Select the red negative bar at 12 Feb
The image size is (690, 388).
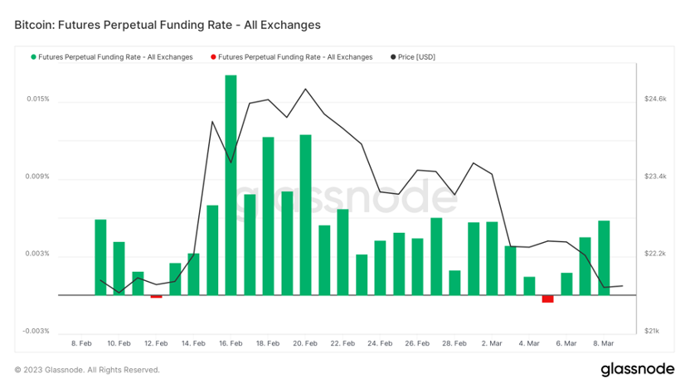point(156,296)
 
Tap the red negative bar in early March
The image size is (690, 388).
point(547,298)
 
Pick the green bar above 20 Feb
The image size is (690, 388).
point(305,215)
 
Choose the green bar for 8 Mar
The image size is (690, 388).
point(604,257)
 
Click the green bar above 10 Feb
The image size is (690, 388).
point(119,268)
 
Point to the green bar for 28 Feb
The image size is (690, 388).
point(454,282)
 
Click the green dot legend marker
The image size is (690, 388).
point(34,57)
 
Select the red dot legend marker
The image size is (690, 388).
point(214,57)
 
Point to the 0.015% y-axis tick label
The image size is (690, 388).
point(37,99)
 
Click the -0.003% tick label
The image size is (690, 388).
point(36,331)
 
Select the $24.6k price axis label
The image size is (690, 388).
point(655,99)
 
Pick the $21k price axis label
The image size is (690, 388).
point(652,331)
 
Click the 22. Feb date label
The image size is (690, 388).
point(342,343)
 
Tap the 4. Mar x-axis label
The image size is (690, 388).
point(528,343)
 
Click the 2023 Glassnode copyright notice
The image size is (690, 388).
point(87,370)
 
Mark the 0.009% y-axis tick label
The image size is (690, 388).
point(37,177)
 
